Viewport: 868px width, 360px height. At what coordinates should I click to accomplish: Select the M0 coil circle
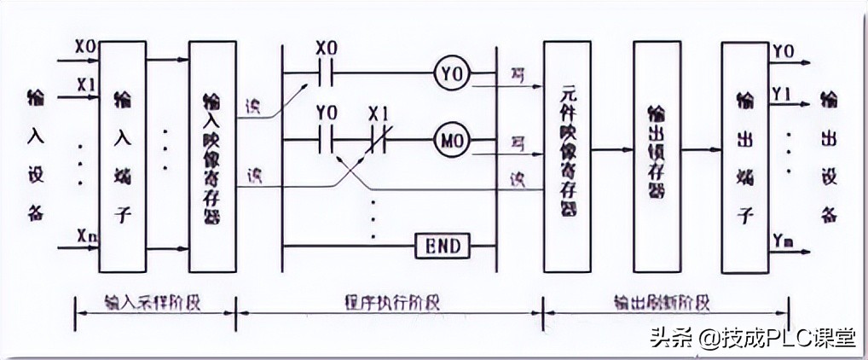coord(448,136)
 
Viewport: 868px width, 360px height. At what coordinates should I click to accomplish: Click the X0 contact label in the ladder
coord(327,47)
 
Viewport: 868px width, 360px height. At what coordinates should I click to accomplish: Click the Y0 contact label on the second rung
coord(327,113)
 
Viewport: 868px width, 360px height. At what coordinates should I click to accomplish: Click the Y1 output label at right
coord(782,89)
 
